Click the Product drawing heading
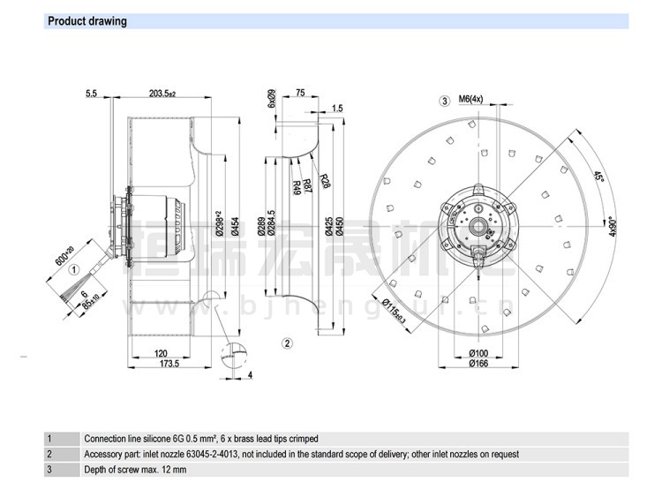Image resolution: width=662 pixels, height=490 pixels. click(87, 21)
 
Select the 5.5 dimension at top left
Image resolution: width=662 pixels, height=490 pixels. click(91, 94)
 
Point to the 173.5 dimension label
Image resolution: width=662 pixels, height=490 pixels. click(169, 364)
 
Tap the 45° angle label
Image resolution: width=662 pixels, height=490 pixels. click(598, 177)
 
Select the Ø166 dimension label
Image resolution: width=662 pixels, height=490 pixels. click(479, 363)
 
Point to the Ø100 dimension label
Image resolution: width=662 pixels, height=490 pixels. click(479, 353)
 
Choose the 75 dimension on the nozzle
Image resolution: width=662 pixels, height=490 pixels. click(300, 94)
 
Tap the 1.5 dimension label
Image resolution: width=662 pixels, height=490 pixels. click(337, 109)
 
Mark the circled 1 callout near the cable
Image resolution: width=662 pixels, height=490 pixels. click(76, 270)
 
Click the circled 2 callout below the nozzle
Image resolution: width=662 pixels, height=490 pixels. click(287, 343)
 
